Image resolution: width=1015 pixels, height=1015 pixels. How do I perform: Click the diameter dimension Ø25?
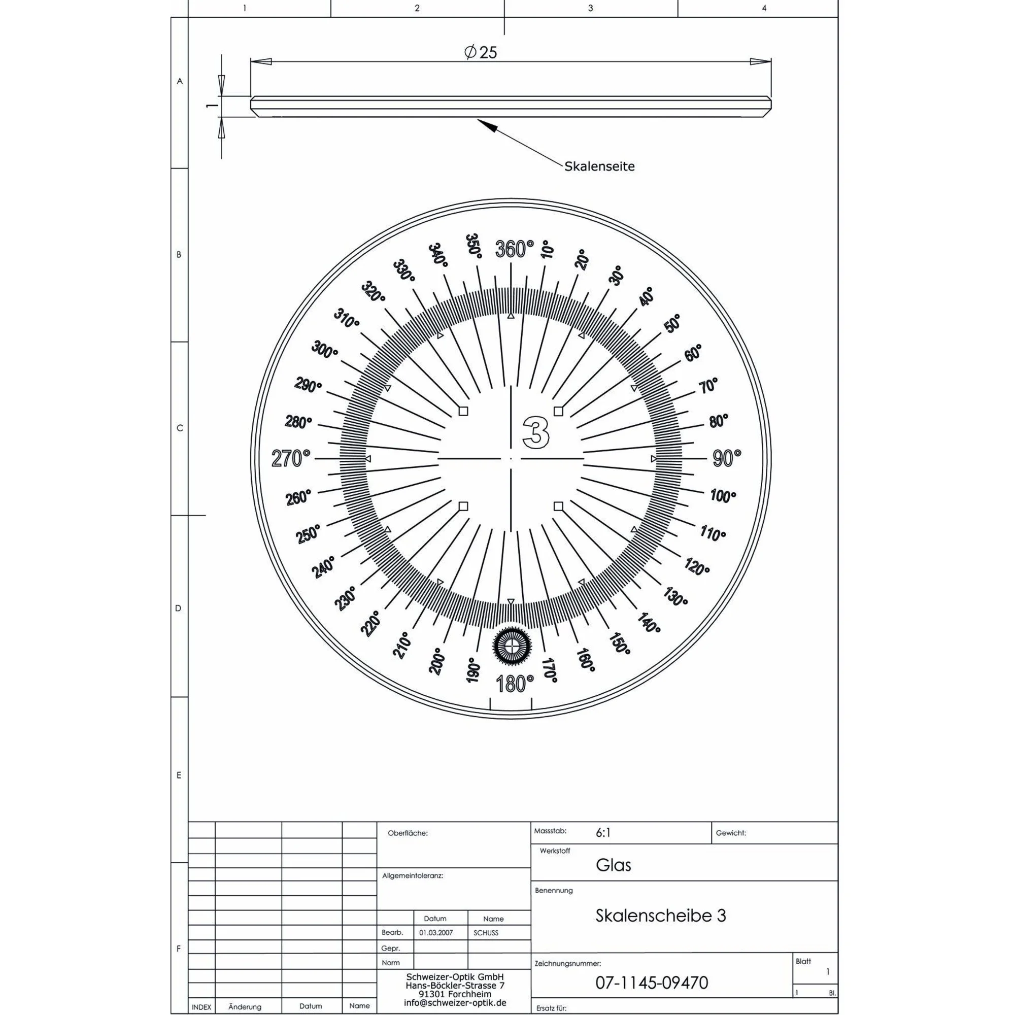(x=480, y=52)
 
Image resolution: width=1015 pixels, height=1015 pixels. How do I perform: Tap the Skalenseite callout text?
(x=599, y=166)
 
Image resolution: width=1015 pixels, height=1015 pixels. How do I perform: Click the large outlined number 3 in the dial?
(x=536, y=433)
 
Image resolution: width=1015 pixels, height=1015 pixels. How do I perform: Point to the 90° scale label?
(x=727, y=458)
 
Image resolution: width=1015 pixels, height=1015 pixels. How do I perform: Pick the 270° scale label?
(x=290, y=459)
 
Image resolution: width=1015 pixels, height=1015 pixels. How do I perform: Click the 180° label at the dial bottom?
(x=514, y=684)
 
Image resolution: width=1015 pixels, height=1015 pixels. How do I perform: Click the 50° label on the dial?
(x=672, y=324)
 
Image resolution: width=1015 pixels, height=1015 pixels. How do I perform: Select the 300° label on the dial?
(x=325, y=350)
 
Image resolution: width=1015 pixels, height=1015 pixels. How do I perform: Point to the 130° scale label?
(x=675, y=597)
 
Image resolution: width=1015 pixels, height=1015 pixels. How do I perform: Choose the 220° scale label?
(x=371, y=624)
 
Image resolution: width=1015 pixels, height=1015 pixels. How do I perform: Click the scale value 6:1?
(x=603, y=833)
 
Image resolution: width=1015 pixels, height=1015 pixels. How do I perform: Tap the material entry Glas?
(x=613, y=865)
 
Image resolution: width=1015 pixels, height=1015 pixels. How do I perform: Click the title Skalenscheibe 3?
(x=660, y=915)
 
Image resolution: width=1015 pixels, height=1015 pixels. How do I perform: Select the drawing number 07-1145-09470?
(x=652, y=982)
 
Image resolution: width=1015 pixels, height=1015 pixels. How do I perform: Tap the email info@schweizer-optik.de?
(x=455, y=1002)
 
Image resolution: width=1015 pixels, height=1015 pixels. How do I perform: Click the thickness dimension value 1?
(x=211, y=106)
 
